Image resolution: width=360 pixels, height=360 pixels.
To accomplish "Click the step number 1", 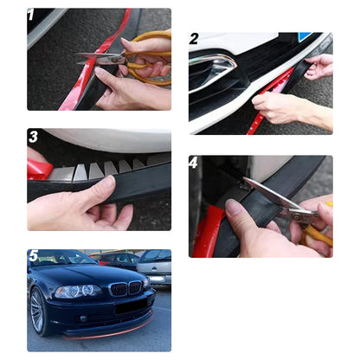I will [32, 16].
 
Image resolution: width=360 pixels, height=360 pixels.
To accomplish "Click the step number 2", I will [194, 39].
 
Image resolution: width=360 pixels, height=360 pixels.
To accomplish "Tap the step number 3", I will [33, 137].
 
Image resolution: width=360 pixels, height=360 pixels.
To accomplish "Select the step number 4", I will [194, 163].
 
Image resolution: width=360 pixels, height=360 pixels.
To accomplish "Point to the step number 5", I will [33, 256].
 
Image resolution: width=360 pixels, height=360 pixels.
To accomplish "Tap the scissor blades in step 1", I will [102, 59].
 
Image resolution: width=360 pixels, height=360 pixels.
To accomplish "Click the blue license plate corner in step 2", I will [305, 37].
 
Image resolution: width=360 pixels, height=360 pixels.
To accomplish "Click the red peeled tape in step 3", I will [39, 168].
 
